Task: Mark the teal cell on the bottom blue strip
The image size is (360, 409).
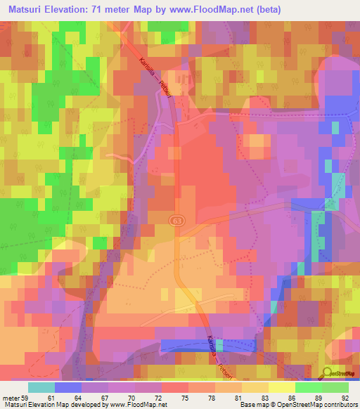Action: pos(219,346)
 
